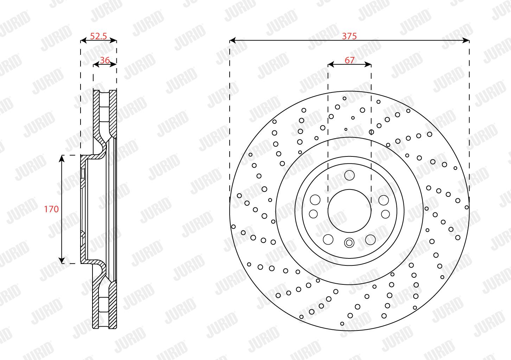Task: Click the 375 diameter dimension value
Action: point(349,36)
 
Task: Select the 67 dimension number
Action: point(350,60)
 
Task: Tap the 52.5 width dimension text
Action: point(98,36)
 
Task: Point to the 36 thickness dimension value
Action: point(105,60)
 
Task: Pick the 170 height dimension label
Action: point(51,209)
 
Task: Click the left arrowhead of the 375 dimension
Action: point(233,40)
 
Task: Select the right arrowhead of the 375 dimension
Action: point(466,40)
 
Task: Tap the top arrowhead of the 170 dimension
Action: point(62,159)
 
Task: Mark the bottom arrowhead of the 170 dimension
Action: point(62,260)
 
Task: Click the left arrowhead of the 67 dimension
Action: point(331,65)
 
